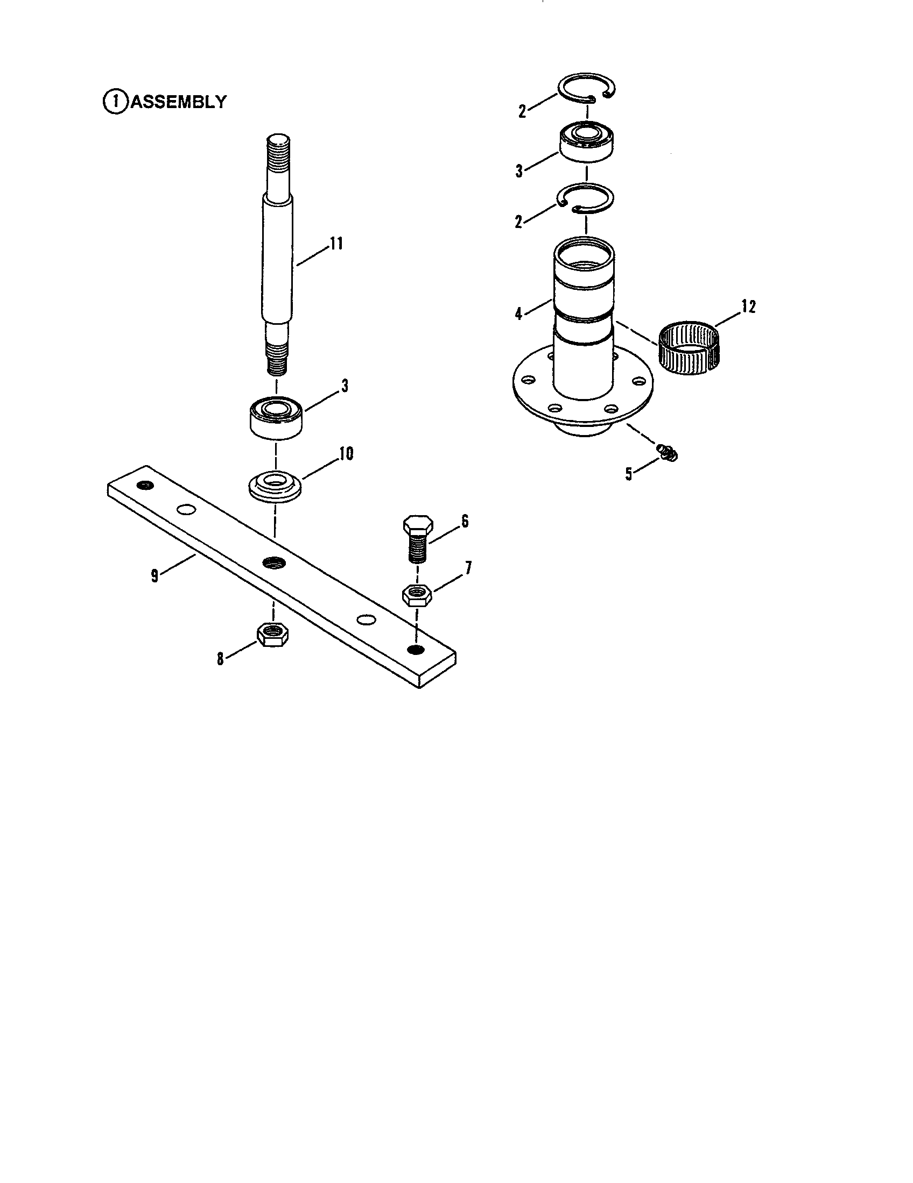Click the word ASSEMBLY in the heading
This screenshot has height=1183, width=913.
point(178,102)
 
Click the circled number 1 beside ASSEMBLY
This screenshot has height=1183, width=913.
point(115,102)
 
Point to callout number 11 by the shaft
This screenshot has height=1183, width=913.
point(336,244)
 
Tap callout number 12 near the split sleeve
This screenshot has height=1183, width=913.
point(748,307)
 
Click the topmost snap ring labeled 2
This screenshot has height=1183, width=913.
point(587,87)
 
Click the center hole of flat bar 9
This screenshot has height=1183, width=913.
point(273,562)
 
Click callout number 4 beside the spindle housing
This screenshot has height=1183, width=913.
point(519,313)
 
